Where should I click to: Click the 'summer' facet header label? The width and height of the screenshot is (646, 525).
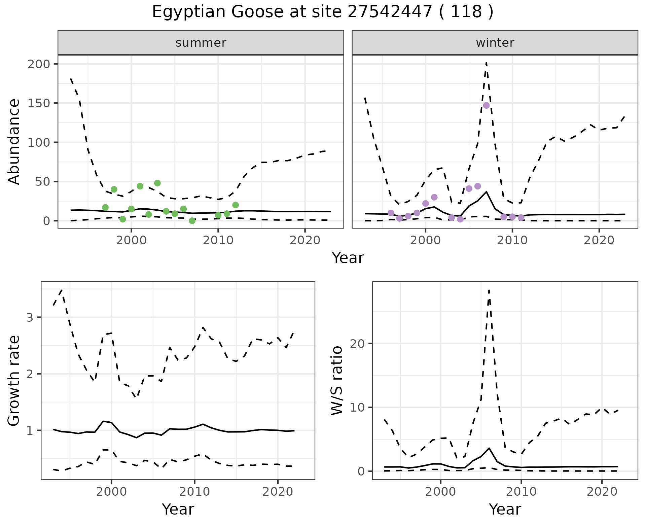(x=201, y=43)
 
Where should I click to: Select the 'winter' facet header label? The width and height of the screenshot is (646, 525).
(x=495, y=43)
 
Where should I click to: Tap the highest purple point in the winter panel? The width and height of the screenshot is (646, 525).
(x=486, y=105)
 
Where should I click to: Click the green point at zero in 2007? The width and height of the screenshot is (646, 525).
(x=192, y=221)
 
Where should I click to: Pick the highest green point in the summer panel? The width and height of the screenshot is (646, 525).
(x=157, y=183)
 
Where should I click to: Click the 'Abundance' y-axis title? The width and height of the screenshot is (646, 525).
(x=14, y=142)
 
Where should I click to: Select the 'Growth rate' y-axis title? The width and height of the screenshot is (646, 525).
(x=14, y=381)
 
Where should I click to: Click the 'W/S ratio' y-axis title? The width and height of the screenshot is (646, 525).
(x=337, y=381)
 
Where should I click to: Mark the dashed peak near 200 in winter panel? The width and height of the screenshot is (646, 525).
(x=487, y=63)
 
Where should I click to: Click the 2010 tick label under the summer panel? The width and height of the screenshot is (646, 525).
(x=218, y=241)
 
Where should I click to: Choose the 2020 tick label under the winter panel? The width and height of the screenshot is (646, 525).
(x=599, y=241)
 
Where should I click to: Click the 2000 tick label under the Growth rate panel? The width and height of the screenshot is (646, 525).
(x=111, y=492)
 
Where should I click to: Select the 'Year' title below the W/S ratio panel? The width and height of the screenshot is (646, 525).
(x=505, y=509)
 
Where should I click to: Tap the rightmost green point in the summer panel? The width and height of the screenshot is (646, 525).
(x=236, y=205)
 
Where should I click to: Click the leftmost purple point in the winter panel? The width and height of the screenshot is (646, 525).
(x=391, y=213)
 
